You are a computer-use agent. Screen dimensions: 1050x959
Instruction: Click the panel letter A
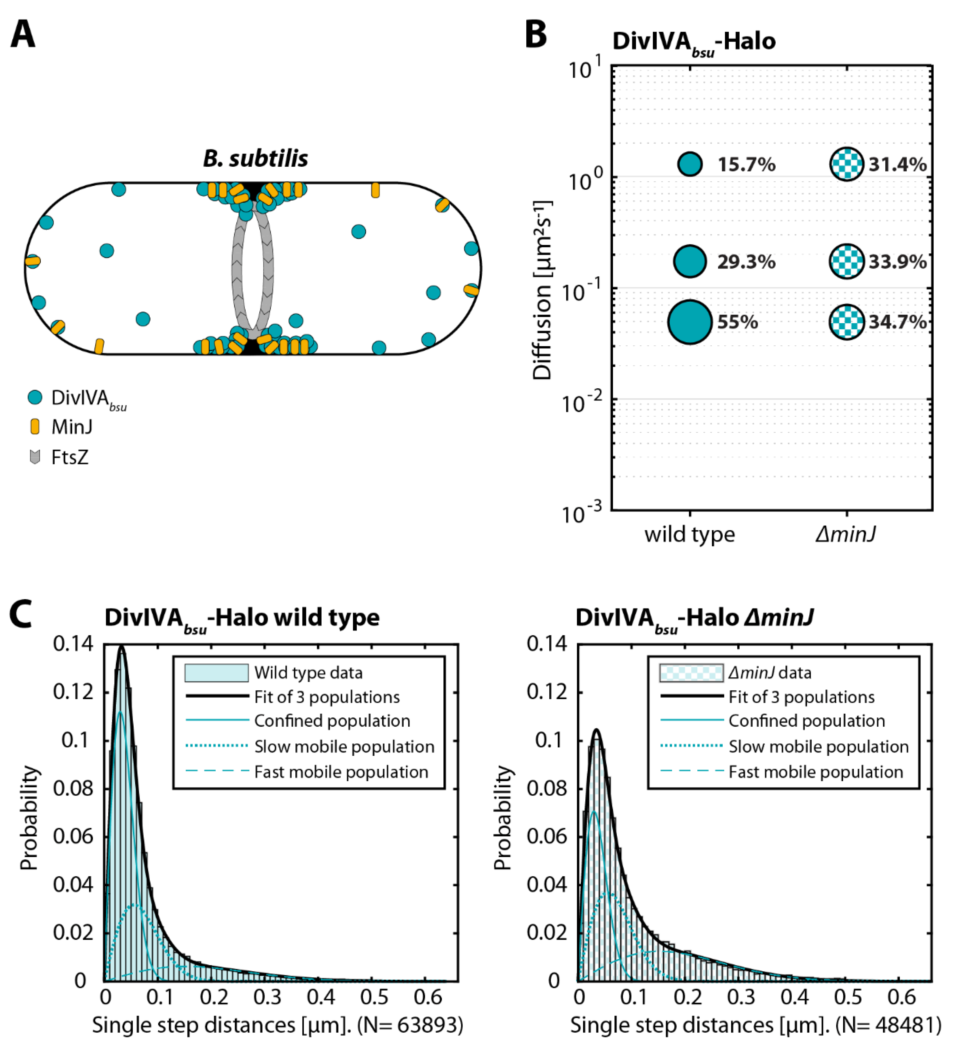coord(23,34)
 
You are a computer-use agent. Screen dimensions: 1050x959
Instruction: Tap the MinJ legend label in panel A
coord(72,427)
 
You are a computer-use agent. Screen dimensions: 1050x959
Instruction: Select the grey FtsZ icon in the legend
coord(35,457)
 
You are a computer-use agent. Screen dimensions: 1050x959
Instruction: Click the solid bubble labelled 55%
coord(690,322)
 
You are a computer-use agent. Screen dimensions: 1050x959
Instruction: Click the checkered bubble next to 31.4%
coord(846,164)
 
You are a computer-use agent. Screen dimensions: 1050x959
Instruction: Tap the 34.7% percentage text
coord(897,322)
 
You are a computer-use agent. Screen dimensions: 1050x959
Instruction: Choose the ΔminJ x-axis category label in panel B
coord(845,534)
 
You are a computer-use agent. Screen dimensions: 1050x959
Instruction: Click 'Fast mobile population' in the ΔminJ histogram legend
coord(815,772)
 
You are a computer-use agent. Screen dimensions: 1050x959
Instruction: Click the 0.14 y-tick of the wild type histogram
coord(73,644)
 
